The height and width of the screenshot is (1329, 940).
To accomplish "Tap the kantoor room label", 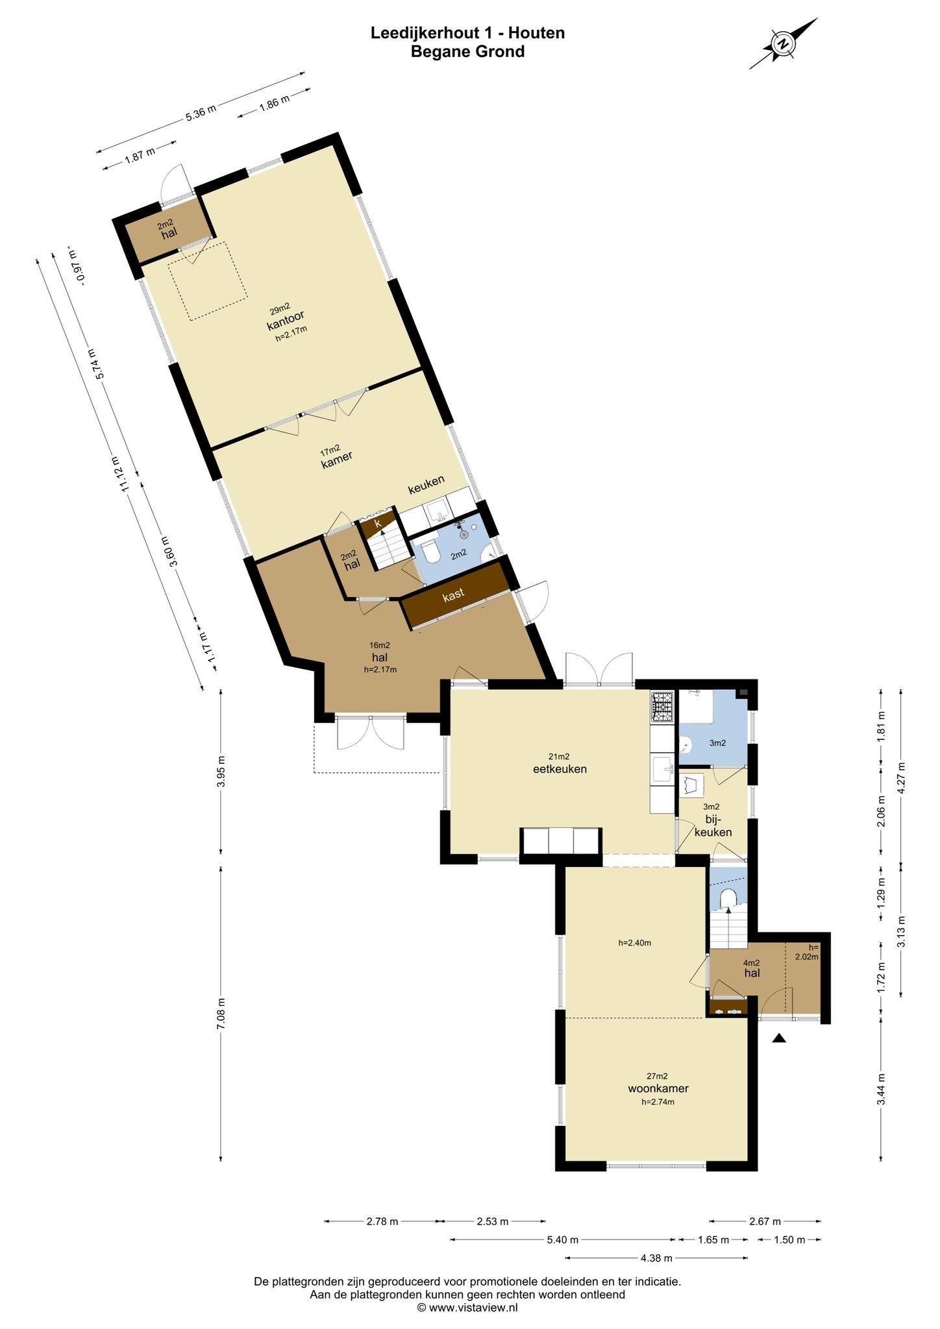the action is point(286,320).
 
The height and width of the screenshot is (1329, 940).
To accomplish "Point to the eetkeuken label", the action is point(560,769).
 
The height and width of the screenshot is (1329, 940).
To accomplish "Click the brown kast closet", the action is point(454,595).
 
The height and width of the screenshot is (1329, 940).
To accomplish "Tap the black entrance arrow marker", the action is point(779,1038).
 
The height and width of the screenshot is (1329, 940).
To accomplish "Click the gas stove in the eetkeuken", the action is point(663,707).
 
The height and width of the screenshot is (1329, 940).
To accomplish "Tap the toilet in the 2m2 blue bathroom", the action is point(430,553).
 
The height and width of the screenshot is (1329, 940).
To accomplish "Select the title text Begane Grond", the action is point(467,51).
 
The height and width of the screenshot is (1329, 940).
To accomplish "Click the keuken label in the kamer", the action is point(426,484).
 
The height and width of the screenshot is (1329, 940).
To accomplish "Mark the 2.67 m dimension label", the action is point(765,1221).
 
